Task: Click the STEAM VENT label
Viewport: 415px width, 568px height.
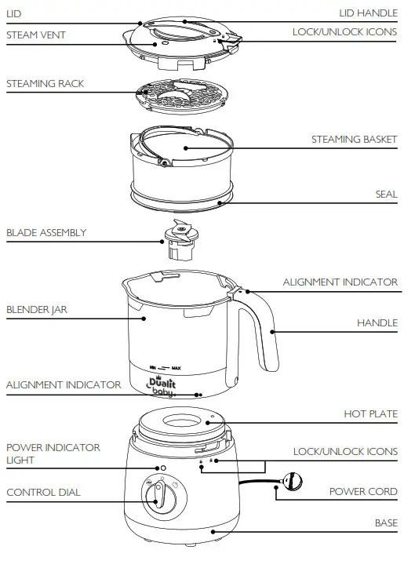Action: (x=35, y=35)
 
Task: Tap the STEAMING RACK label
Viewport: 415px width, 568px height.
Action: (x=45, y=82)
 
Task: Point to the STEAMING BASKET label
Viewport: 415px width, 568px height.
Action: (x=354, y=139)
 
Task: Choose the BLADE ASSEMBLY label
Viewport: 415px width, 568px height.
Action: (x=46, y=232)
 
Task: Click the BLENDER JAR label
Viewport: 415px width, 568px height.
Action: (x=37, y=309)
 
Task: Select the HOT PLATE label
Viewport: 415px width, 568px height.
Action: (x=370, y=413)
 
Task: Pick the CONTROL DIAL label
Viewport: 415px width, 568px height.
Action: (x=43, y=492)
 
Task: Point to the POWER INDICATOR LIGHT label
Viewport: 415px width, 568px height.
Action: (x=53, y=453)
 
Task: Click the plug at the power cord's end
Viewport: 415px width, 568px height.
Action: (x=292, y=481)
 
